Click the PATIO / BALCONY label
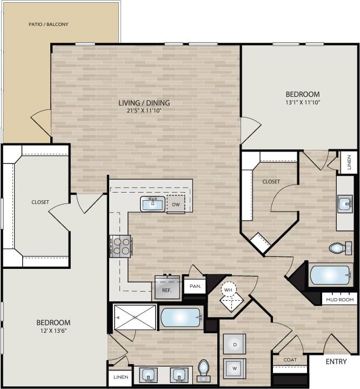pyautogui.click(x=49, y=24)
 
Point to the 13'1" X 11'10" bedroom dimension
pyautogui.click(x=303, y=102)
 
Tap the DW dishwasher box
pyautogui.click(x=176, y=205)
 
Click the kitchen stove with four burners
pyautogui.click(x=121, y=245)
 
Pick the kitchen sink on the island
pyautogui.click(x=153, y=204)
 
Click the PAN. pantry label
pyautogui.click(x=195, y=286)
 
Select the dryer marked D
pyautogui.click(x=235, y=344)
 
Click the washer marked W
pyautogui.click(x=235, y=368)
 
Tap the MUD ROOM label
pyautogui.click(x=339, y=299)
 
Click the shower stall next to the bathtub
pyautogui.click(x=135, y=317)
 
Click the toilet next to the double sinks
pyautogui.click(x=204, y=370)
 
